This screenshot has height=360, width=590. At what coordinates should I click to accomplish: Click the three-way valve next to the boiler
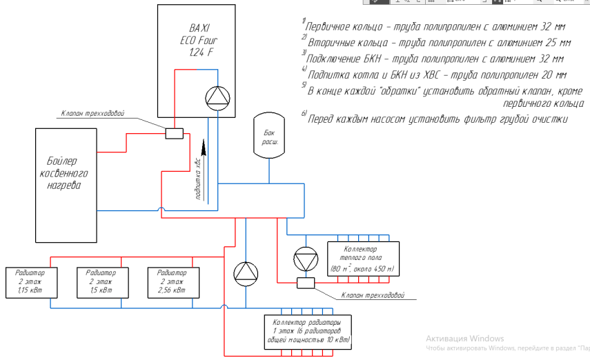[x=173, y=133]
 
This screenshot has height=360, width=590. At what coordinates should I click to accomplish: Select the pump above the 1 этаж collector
[x=245, y=274]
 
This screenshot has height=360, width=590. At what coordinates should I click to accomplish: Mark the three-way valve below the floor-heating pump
[x=304, y=282]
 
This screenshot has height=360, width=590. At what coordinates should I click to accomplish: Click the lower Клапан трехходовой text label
[x=372, y=295]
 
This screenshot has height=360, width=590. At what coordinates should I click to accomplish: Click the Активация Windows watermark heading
[x=465, y=339]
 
